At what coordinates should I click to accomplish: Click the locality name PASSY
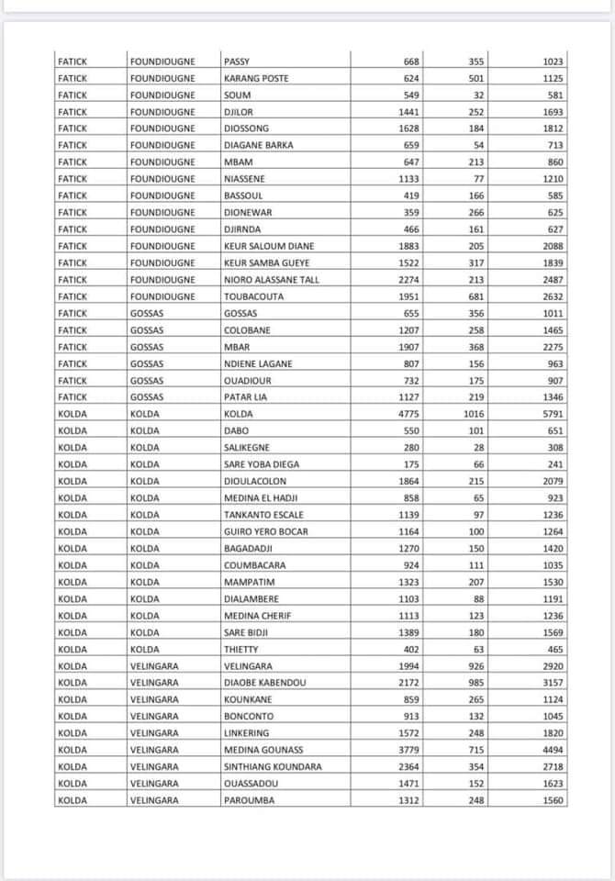coord(237,61)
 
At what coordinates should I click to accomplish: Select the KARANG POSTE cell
coord(256,78)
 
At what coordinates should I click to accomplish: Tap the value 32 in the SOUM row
coord(478,95)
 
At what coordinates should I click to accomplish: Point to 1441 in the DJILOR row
coord(408,112)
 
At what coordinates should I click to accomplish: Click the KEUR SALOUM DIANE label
coord(269,246)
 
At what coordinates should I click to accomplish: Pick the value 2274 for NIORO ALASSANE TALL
coord(408,280)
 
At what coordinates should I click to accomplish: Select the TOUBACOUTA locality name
coord(254,296)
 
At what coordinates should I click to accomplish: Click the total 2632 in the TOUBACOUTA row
coord(553,296)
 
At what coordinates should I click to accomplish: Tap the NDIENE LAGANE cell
coord(258,363)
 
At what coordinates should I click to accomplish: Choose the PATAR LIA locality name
coord(246,397)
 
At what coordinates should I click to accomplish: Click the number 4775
coord(408,414)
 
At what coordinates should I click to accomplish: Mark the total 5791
coord(553,414)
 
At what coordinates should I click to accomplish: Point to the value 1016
coord(474,414)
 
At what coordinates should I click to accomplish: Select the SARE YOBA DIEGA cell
coord(261,464)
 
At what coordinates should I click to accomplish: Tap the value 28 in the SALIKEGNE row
coord(478,447)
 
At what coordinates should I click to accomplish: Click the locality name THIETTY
coord(240,649)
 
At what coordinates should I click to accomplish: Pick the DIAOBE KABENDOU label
coord(265,683)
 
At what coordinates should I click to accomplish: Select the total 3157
coord(553,683)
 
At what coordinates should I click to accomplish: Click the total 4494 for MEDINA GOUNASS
coord(553,750)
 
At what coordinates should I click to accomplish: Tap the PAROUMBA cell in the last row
coord(249,800)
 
